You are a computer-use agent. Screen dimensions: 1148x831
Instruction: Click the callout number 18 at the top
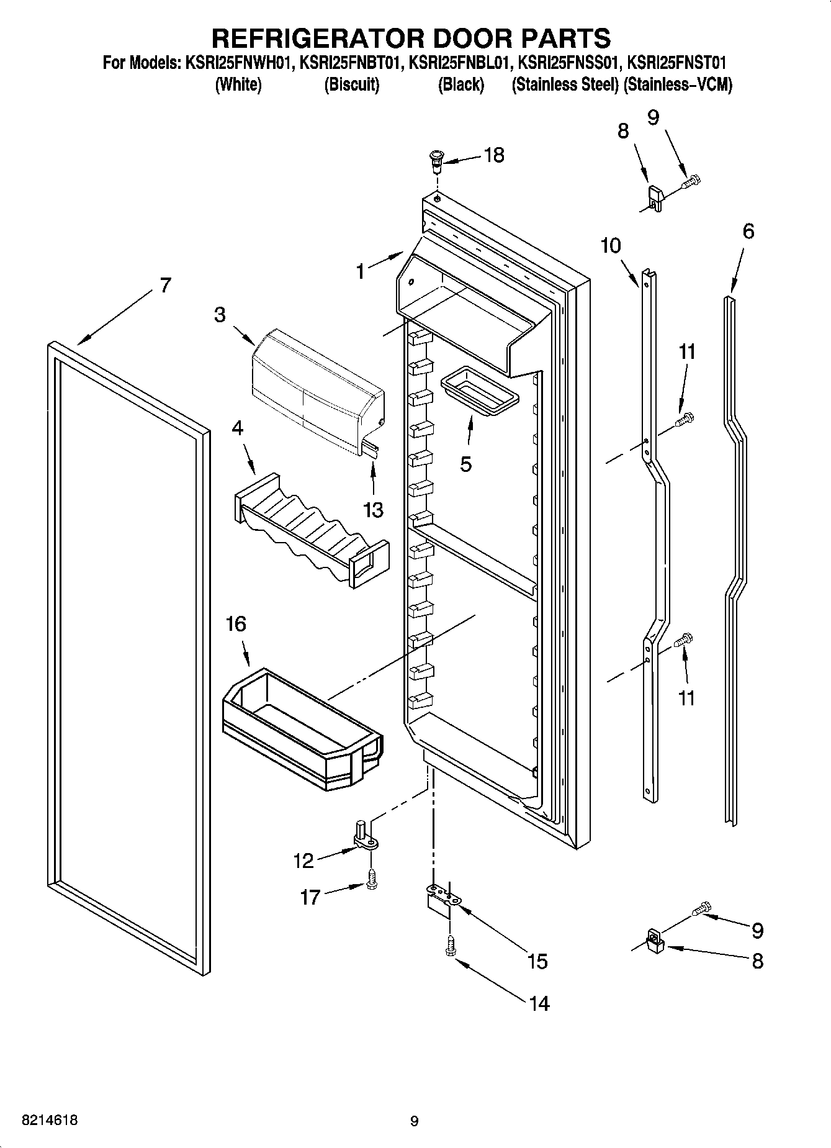click(494, 155)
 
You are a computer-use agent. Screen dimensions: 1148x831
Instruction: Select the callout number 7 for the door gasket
click(164, 286)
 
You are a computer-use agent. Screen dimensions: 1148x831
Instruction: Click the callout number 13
click(374, 509)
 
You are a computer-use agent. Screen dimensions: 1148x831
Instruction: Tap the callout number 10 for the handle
click(611, 246)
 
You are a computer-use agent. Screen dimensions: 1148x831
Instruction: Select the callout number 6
click(748, 232)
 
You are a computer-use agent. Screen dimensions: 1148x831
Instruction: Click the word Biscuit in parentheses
click(351, 84)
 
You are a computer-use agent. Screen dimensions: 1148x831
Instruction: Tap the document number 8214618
click(50, 1120)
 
